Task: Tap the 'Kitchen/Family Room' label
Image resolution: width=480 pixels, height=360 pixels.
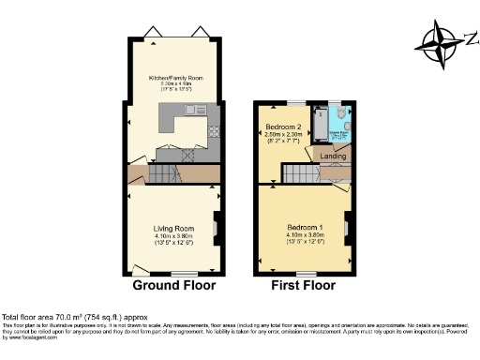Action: pos(174,78)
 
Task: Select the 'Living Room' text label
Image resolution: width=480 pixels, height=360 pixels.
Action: pos(174,229)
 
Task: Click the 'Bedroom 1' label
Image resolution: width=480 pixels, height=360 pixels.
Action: pos(304,229)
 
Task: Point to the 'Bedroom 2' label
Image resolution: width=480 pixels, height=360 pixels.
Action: pos(282,127)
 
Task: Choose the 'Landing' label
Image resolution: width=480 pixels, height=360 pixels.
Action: pos(334,156)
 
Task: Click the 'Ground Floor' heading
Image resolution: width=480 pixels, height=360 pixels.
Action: pos(174,285)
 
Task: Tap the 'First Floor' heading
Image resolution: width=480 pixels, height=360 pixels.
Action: pos(304,285)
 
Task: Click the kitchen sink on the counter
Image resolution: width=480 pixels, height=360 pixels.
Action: pos(198,112)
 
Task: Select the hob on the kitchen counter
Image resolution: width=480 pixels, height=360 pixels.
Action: pos(214,130)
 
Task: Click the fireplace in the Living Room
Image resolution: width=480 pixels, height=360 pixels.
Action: pos(217,225)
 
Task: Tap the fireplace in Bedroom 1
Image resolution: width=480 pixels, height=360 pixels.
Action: pos(346,225)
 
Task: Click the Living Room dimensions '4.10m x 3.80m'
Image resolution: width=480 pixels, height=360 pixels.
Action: pos(174,235)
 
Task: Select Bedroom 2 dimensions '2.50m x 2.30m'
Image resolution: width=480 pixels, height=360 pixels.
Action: pos(282,135)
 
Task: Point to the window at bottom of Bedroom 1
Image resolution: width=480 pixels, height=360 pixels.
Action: pos(304,272)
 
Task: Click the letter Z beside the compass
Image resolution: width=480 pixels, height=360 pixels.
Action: pos(470,37)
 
